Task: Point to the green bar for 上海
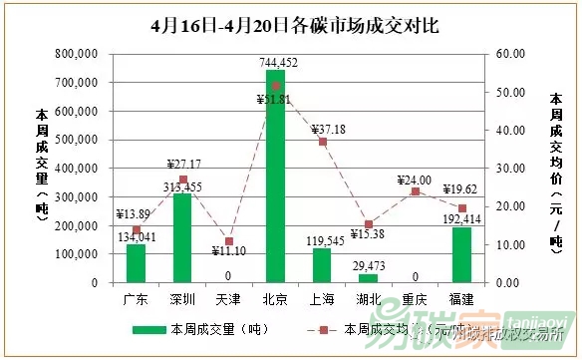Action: [x=322, y=265]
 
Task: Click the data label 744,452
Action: [x=275, y=62]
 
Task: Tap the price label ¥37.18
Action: [x=328, y=131]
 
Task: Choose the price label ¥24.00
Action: [x=414, y=180]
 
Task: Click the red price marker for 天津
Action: [x=228, y=241]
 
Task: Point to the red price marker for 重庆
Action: [x=416, y=191]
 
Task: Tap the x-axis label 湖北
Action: [x=369, y=298]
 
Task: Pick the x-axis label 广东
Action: [x=136, y=298]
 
